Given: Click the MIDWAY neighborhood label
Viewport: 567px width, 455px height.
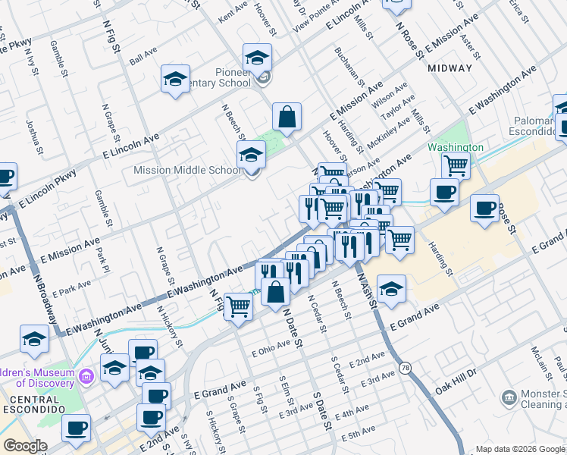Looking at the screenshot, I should (450, 68).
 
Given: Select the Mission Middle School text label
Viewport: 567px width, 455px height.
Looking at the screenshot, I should (187, 170).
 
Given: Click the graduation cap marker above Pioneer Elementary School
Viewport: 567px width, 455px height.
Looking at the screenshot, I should (257, 57).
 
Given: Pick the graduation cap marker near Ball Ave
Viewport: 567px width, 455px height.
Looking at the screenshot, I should (175, 79).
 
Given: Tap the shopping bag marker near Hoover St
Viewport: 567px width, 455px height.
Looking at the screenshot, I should (287, 117).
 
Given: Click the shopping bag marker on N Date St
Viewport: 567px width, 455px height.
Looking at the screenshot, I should (277, 290).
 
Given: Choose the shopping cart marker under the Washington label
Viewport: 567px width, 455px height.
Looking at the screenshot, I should (455, 165).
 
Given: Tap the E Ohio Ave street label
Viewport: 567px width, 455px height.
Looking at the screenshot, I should (271, 347).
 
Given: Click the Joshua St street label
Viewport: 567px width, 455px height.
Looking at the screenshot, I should (32, 132).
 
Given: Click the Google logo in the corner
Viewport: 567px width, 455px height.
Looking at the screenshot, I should (26, 446).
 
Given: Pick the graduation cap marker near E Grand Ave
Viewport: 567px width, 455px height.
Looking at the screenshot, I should (391, 289).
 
